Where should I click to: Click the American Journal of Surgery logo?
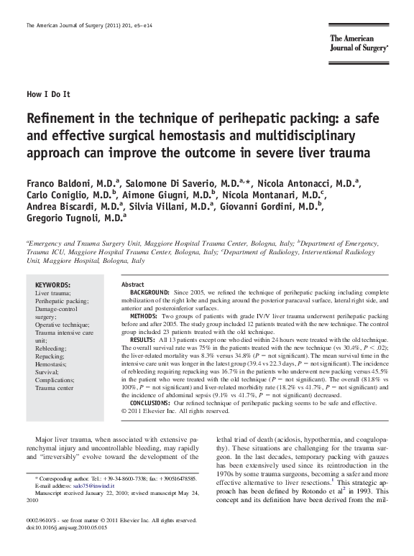(x=359, y=44)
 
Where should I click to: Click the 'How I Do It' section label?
(x=48, y=94)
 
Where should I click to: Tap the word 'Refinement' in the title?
(x=61, y=119)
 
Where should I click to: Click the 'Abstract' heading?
(x=134, y=285)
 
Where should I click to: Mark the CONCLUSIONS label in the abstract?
(x=153, y=404)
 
